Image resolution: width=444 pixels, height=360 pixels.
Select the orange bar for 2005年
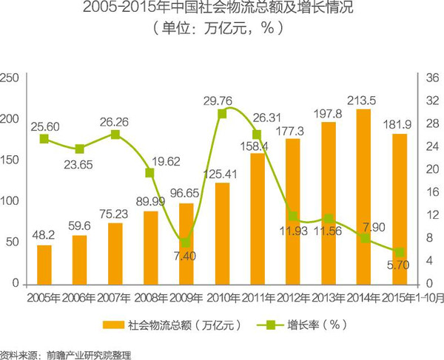44,265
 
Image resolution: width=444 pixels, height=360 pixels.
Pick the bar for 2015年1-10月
400,210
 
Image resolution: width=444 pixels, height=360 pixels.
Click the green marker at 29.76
222,113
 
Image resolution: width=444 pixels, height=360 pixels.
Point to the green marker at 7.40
186,242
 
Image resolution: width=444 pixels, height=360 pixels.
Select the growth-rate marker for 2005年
44,138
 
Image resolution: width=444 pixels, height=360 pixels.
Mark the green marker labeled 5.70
400,252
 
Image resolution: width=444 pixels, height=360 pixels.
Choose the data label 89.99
150,203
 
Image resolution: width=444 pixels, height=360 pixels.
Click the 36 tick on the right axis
433,77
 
